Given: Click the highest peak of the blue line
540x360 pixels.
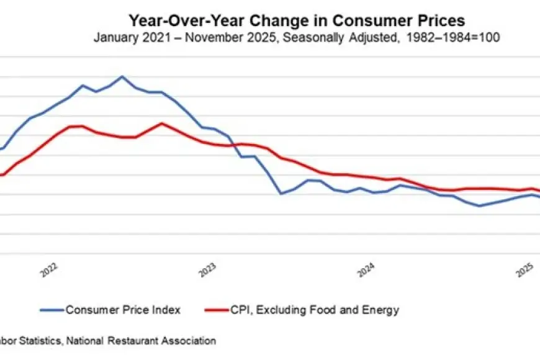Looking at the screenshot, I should (122, 76).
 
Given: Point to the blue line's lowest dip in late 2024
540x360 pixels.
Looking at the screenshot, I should (479, 205).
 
